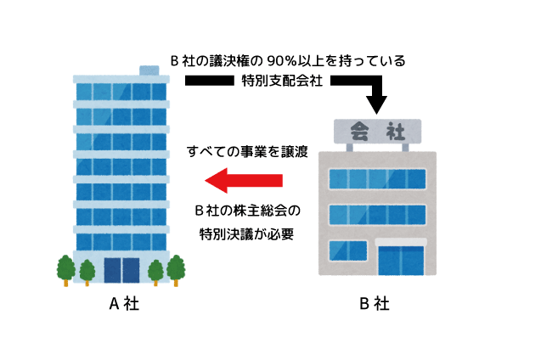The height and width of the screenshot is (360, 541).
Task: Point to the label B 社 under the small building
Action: [x=375, y=304]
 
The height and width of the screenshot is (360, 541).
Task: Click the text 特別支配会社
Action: [x=283, y=81]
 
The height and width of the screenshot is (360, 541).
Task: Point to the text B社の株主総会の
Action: [x=247, y=210]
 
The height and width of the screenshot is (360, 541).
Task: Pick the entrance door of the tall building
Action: [x=121, y=269]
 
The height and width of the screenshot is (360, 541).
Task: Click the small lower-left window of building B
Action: [x=347, y=251]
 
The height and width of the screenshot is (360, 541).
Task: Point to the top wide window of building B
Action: [x=376, y=179]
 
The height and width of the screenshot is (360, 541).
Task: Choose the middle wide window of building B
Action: [x=376, y=215]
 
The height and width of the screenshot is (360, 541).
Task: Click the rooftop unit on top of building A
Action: [x=149, y=68]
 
